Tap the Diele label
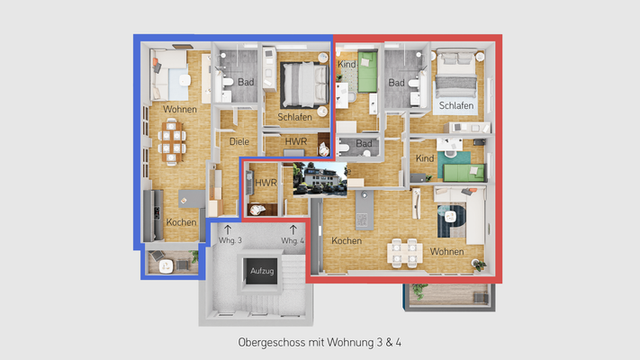point(239,142)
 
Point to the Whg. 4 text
point(293,241)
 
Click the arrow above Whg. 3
point(227,229)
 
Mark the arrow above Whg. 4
point(293,229)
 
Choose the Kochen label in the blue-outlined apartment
point(181,222)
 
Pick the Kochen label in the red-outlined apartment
point(347,241)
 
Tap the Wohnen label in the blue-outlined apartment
point(181,109)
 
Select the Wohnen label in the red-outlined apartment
point(447,251)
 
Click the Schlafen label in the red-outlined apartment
point(456,106)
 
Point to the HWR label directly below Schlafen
point(295,142)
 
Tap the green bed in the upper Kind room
point(367,73)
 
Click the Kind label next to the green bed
point(346,65)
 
